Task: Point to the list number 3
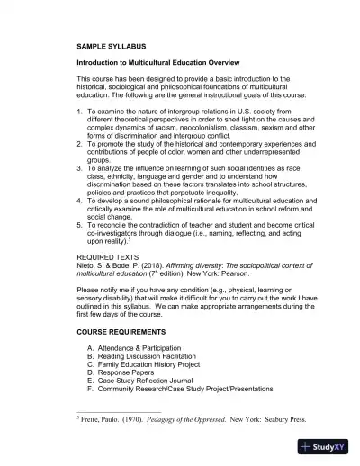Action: point(80,167)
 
